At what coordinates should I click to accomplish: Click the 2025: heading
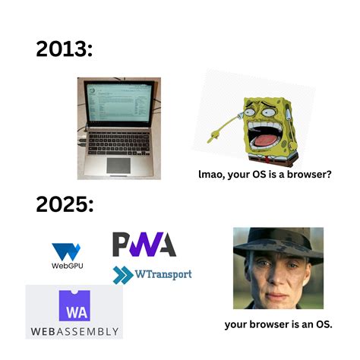click(64, 205)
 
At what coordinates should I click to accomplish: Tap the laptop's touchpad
click(118, 163)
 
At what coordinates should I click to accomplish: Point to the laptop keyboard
click(118, 143)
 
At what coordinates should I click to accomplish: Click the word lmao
click(213, 175)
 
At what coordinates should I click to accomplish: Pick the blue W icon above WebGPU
click(66, 251)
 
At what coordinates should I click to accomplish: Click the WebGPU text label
click(66, 266)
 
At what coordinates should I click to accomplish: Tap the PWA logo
click(144, 245)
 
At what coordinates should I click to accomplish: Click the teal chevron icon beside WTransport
click(123, 274)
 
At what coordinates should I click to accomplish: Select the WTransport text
click(163, 274)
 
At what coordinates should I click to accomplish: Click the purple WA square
click(75, 307)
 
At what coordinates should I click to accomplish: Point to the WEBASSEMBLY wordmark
click(75, 332)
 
